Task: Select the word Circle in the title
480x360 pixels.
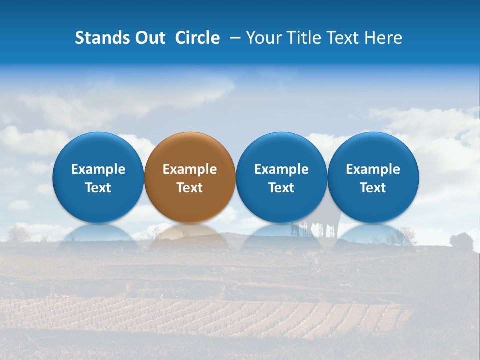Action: (x=197, y=38)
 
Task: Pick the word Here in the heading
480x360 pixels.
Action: (x=384, y=38)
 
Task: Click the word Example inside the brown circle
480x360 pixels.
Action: (x=190, y=169)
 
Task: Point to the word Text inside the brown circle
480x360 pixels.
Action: (x=190, y=188)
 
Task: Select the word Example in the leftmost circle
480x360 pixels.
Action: (x=98, y=169)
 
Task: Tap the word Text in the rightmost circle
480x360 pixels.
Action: (x=373, y=188)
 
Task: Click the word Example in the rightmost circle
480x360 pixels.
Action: (x=373, y=169)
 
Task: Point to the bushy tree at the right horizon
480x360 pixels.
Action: (x=461, y=240)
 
